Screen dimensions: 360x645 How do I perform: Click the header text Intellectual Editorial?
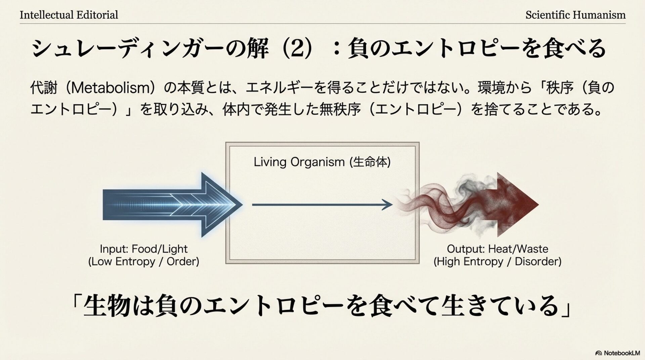[x=69, y=15]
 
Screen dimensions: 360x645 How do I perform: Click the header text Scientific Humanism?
[x=575, y=15]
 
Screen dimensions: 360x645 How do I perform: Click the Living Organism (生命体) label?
[x=322, y=162]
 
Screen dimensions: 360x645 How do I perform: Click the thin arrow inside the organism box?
[x=322, y=205]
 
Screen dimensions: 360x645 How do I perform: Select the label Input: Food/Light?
[x=143, y=249]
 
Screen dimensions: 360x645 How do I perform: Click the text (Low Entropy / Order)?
[x=143, y=262]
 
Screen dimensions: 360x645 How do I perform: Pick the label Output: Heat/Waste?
[x=497, y=249]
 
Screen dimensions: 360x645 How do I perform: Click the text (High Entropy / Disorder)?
[x=497, y=262]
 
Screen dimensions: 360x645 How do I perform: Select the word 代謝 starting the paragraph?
[x=44, y=88]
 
